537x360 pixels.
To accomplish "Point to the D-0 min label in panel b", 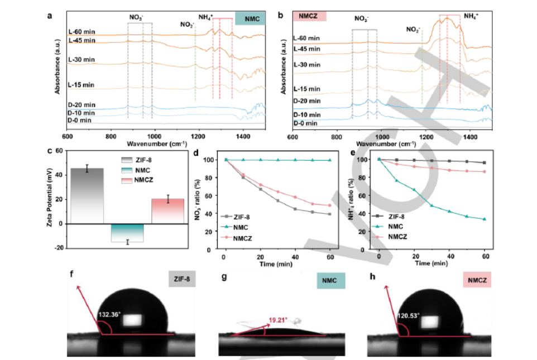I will (x=305, y=123).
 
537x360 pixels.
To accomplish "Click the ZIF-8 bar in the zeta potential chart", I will (x=87, y=195).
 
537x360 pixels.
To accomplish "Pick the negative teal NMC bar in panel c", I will (x=128, y=233).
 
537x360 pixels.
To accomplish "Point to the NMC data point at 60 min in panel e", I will (x=485, y=219).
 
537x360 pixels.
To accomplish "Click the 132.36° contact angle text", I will (x=110, y=315).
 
